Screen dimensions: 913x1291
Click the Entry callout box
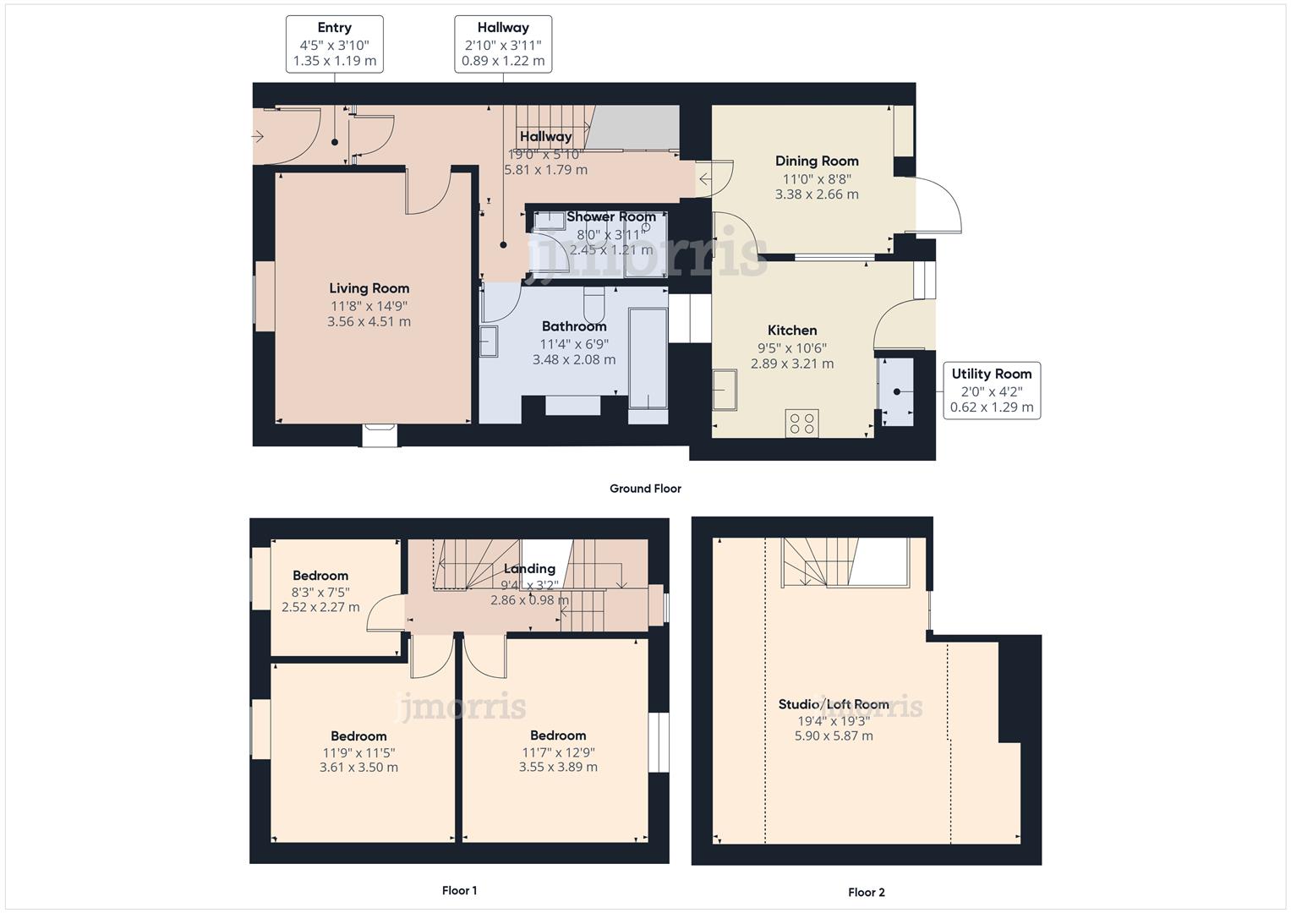[334, 44]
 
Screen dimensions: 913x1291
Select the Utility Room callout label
[991, 374]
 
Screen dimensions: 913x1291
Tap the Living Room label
[369, 288]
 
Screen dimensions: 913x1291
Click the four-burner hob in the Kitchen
[801, 423]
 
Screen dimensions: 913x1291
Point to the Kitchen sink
[725, 389]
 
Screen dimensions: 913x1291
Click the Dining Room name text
[817, 161]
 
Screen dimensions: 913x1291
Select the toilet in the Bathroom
[594, 303]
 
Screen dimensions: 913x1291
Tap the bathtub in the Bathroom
[648, 359]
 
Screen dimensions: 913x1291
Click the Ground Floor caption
[645, 489]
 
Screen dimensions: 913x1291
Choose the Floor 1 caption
[459, 890]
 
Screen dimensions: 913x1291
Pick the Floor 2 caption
[867, 892]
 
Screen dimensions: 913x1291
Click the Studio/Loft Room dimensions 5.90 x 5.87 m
[834, 736]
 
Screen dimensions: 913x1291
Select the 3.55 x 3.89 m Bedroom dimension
[558, 768]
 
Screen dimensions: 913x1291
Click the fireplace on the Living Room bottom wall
[380, 435]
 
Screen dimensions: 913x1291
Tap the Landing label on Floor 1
[529, 569]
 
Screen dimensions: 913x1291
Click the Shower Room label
[610, 216]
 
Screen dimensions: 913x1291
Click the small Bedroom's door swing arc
[385, 612]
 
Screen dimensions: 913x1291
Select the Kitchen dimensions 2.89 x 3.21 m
[792, 364]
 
